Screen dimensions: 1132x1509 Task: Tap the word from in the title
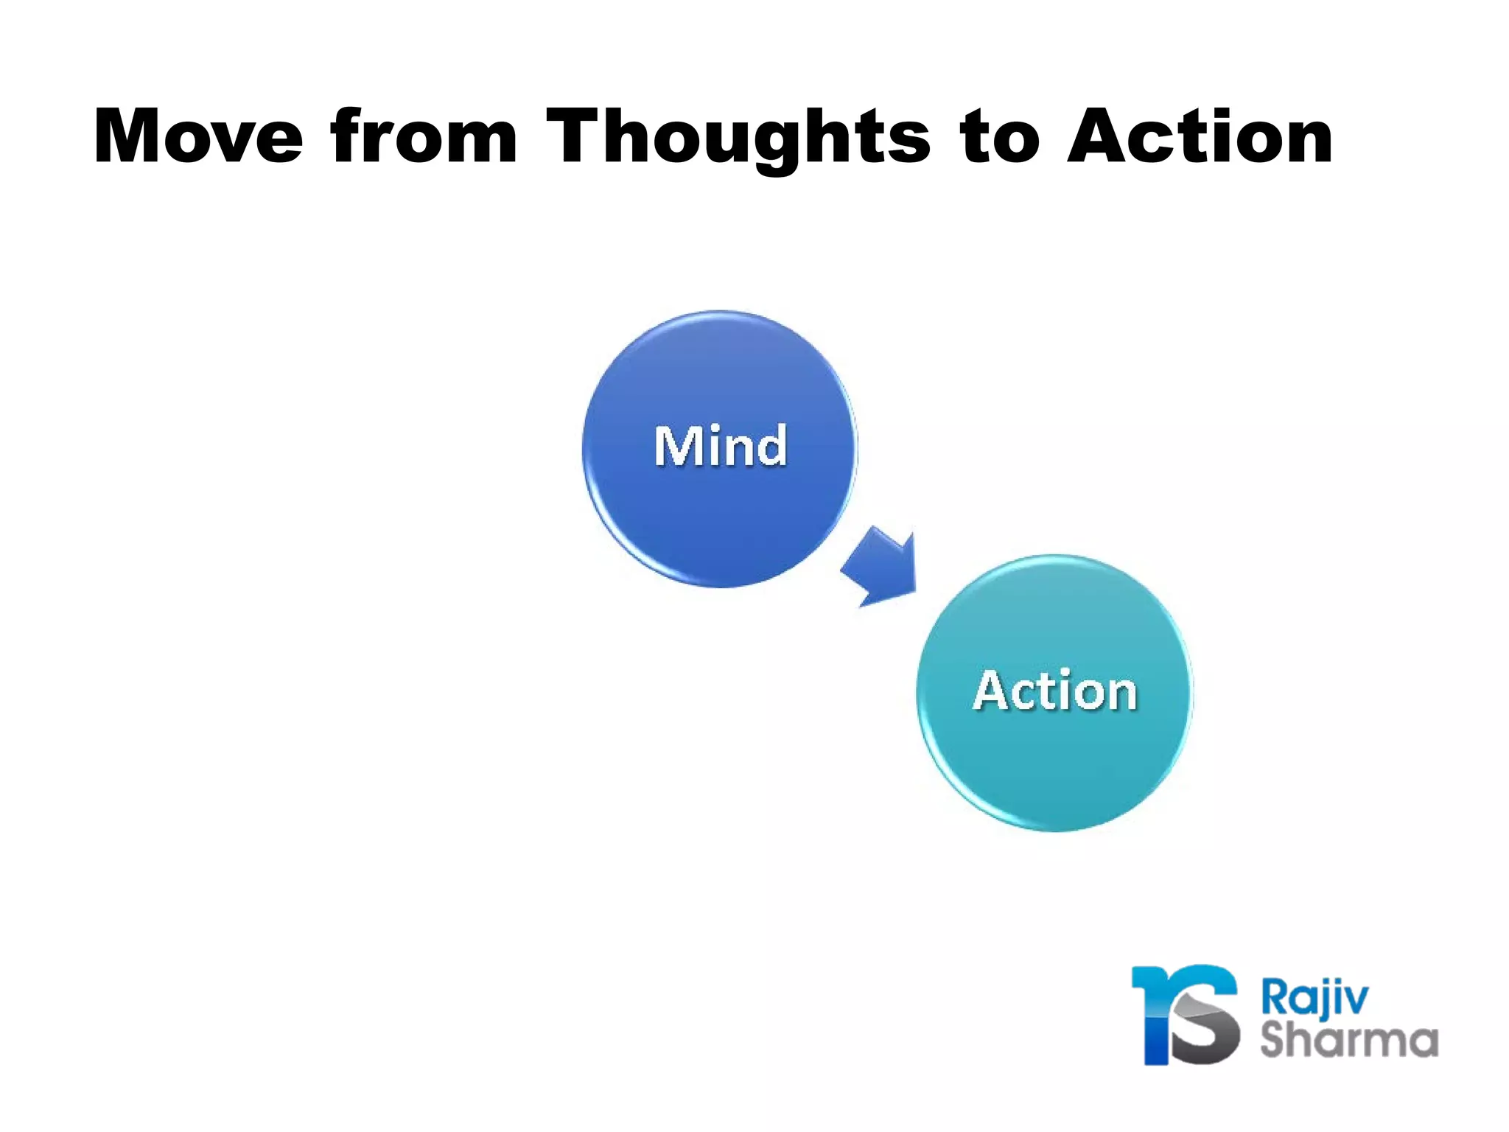click(x=424, y=136)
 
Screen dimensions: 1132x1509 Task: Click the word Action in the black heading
click(x=1200, y=136)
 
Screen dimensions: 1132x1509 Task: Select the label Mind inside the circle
click(x=721, y=447)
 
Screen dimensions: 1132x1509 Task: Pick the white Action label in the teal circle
click(x=1055, y=691)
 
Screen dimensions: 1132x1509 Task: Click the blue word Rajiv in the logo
click(x=1314, y=998)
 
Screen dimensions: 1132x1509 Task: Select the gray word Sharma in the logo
click(x=1349, y=1040)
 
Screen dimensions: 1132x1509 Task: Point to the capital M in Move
click(x=130, y=136)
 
